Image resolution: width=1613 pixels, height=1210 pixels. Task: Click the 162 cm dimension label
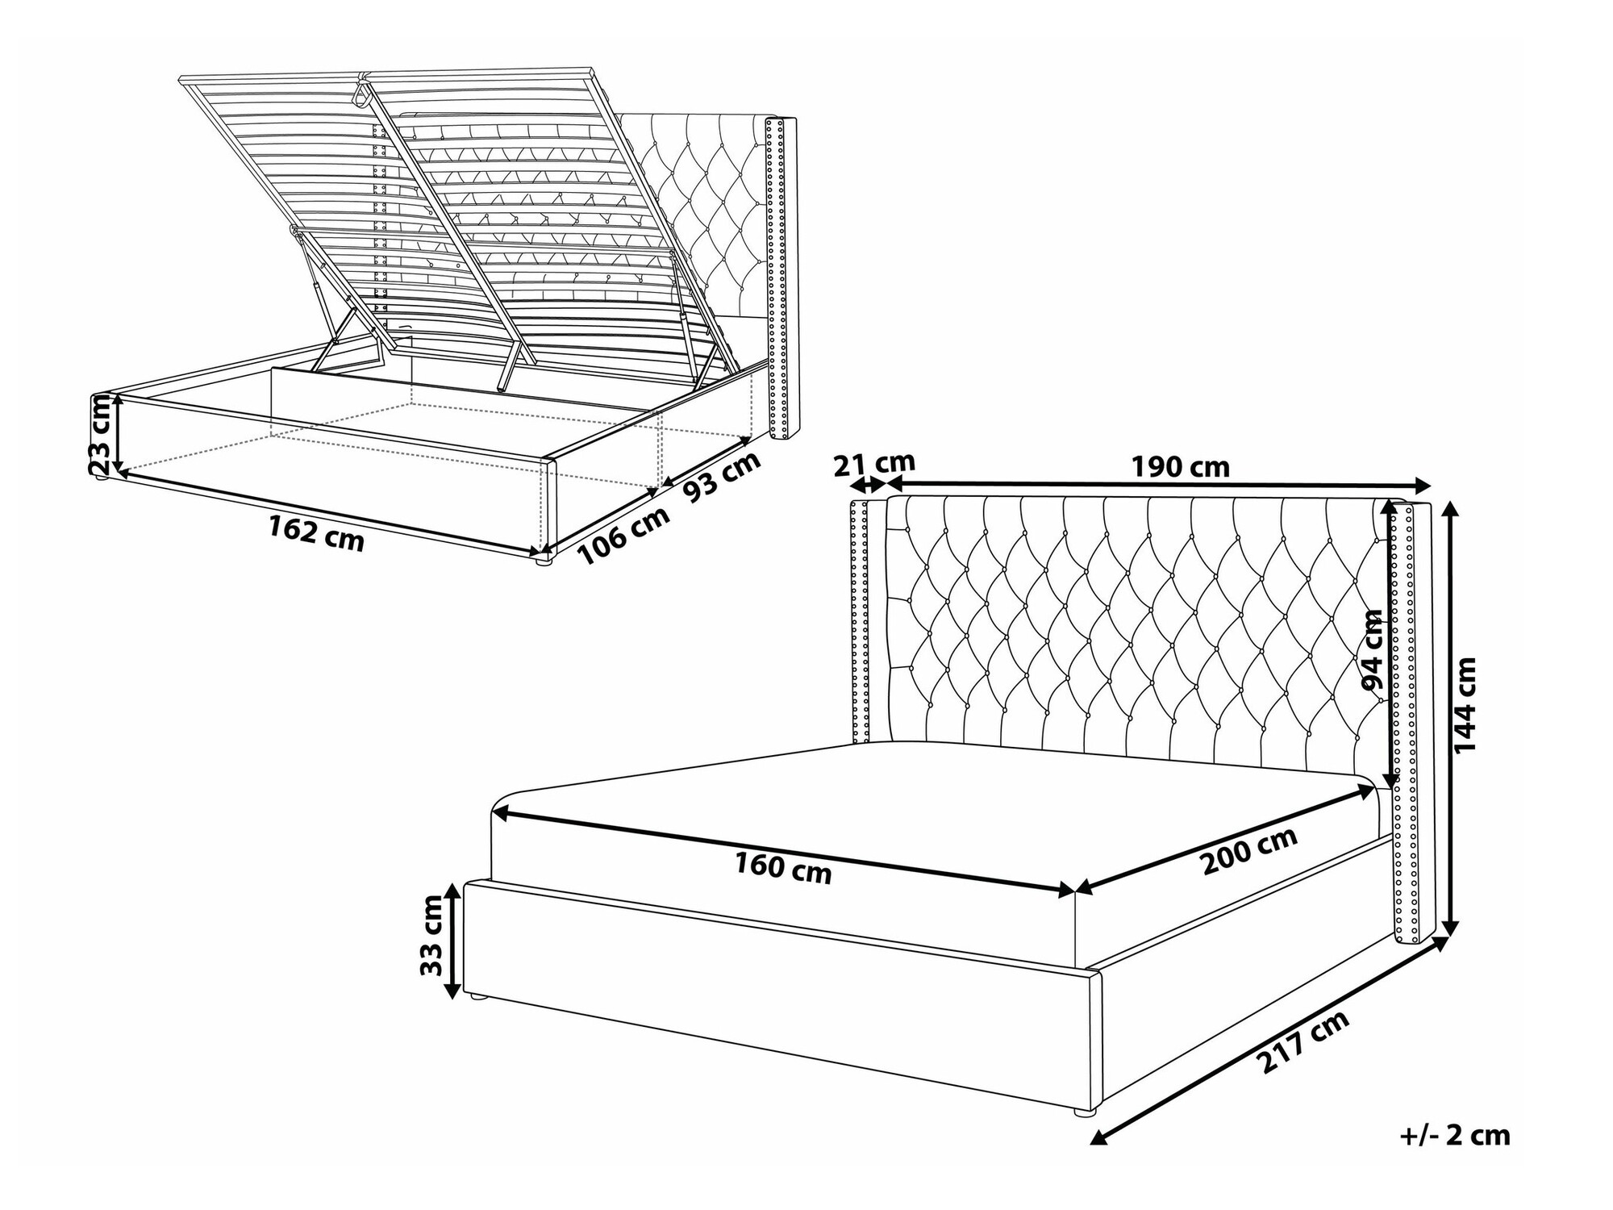316,532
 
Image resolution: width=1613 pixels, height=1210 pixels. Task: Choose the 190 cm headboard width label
1180,466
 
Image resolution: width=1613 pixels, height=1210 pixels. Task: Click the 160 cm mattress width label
782,867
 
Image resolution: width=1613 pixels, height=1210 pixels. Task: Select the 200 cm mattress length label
1249,851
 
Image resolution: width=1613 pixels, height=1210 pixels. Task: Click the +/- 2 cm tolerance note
1455,1136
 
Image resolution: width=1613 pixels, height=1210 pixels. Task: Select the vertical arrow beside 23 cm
119,434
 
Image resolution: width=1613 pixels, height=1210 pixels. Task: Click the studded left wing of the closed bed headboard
860,621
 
